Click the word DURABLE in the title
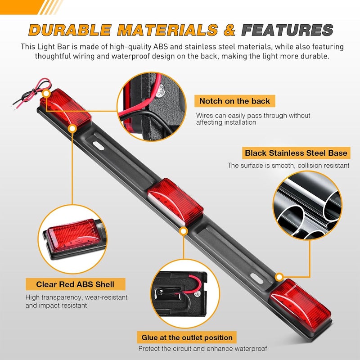[70, 30]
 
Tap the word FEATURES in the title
[287, 30]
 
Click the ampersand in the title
[229, 30]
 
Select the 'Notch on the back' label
[234, 101]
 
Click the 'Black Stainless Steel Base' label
[296, 153]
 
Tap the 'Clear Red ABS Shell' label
[75, 284]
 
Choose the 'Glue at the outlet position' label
[187, 337]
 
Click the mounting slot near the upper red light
[99, 146]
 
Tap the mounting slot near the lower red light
[257, 279]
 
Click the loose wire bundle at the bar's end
[31, 94]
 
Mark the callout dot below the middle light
[184, 231]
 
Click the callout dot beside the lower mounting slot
[279, 277]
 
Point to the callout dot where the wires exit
[47, 94]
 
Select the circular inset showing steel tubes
[307, 206]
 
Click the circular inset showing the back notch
[152, 107]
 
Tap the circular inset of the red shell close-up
[72, 239]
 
